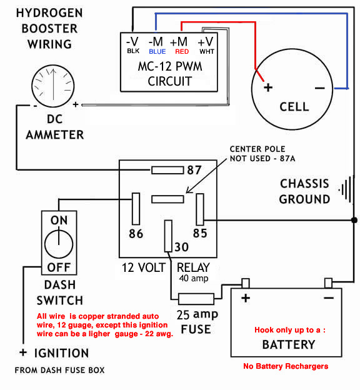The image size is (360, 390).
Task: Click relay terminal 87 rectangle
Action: [x=167, y=170]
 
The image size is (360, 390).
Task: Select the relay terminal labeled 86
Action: [x=136, y=209]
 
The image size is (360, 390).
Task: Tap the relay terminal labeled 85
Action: [x=200, y=209]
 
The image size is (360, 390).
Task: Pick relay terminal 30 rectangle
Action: [x=168, y=236]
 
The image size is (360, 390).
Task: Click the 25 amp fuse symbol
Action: [x=196, y=299]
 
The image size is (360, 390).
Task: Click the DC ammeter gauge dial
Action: [x=53, y=86]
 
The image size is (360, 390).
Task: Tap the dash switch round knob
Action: [x=59, y=244]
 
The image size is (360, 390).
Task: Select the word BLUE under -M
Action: [x=157, y=51]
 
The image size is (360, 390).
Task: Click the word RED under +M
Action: [x=182, y=51]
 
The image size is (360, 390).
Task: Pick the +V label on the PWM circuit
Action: [x=206, y=41]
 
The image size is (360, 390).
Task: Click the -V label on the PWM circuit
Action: [x=132, y=41]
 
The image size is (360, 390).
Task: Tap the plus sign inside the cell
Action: [x=268, y=87]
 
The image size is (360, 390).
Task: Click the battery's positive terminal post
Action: [x=246, y=283]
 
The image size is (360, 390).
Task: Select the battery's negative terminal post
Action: [x=328, y=283]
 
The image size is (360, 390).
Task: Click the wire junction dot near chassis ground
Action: [x=354, y=220]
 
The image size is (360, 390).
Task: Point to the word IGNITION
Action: [x=61, y=353]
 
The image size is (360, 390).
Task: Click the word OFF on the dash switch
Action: [x=59, y=267]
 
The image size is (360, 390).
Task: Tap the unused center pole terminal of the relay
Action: [x=167, y=199]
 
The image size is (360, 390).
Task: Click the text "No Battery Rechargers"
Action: [x=286, y=366]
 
